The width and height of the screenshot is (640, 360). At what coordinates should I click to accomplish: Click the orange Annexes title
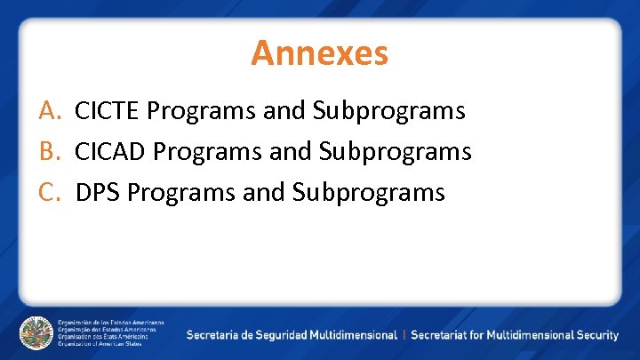(x=319, y=52)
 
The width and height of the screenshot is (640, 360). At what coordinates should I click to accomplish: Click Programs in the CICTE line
(x=201, y=112)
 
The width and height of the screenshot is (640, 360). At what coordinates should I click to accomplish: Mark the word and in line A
(x=284, y=111)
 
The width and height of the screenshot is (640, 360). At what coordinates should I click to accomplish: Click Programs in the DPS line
(x=181, y=193)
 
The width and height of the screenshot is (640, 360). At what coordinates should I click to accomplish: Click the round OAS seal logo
(x=36, y=332)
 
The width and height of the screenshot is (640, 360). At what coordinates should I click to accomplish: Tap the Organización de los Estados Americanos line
(x=111, y=322)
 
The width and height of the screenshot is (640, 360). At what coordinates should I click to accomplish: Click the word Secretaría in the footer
(x=213, y=335)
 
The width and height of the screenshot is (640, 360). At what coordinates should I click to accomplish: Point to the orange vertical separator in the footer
(x=404, y=335)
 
